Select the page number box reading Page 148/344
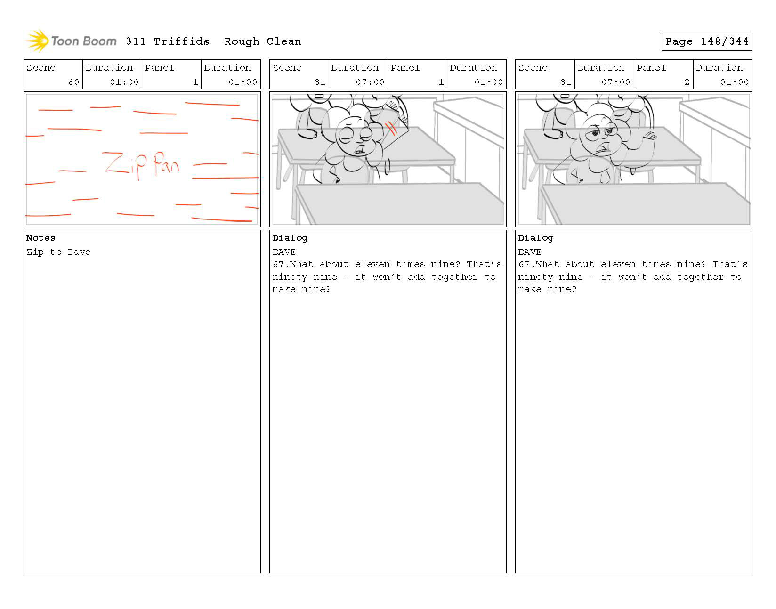click(706, 41)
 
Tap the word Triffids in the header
click(181, 41)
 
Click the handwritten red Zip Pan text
click(141, 165)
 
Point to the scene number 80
click(74, 82)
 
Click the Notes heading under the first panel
click(40, 238)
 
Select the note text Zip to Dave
click(58, 252)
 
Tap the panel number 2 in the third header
click(687, 82)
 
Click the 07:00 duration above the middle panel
click(370, 82)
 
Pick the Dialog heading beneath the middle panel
click(290, 238)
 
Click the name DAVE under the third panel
click(530, 252)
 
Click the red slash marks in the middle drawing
click(391, 128)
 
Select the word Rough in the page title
click(242, 42)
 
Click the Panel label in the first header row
click(159, 68)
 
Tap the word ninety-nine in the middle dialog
click(305, 277)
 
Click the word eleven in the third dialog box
click(618, 264)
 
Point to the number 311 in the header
click(136, 41)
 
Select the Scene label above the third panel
click(533, 68)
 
